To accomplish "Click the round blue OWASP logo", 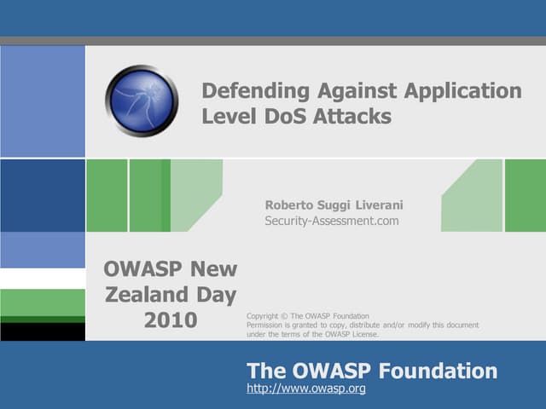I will (142, 101).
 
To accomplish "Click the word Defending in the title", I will (255, 91).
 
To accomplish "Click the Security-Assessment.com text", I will (332, 222).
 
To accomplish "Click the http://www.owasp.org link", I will (306, 389).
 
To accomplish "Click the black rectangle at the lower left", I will (43, 331).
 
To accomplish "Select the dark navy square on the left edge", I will (43, 195).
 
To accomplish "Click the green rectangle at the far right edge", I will (525, 195).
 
